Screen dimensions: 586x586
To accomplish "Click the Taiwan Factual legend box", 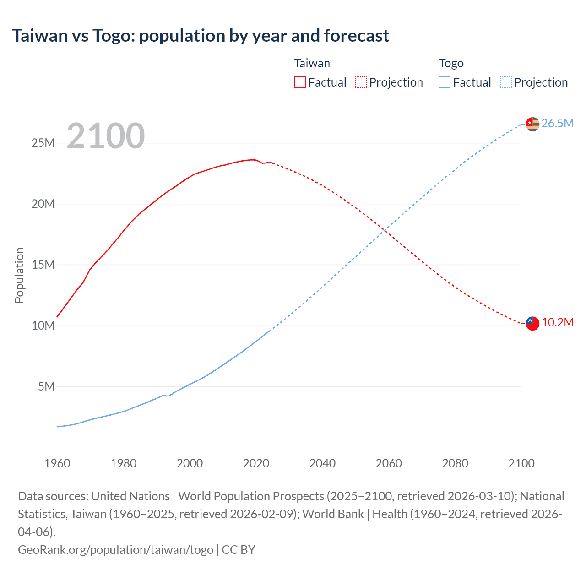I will pyautogui.click(x=299, y=82).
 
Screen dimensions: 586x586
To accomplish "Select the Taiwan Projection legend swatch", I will pyautogui.click(x=361, y=82).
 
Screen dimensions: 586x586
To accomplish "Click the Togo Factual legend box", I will pyautogui.click(x=445, y=82).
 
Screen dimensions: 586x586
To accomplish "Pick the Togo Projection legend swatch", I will pyautogui.click(x=505, y=82).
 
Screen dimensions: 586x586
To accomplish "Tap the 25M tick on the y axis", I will pyautogui.click(x=43, y=143).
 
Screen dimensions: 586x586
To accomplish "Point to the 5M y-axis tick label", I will pyautogui.click(x=46, y=386).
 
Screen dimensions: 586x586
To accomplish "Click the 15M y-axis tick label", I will pyautogui.click(x=43, y=265).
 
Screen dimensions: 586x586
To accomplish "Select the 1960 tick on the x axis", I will pyautogui.click(x=57, y=463).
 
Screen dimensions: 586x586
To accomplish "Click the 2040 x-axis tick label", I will pyautogui.click(x=322, y=463).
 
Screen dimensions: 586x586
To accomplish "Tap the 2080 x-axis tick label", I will pyautogui.click(x=455, y=463).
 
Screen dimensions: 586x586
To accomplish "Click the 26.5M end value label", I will pyautogui.click(x=557, y=123).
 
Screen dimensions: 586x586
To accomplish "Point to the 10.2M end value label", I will pyautogui.click(x=557, y=322).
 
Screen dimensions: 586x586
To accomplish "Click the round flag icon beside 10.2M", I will pyautogui.click(x=532, y=323).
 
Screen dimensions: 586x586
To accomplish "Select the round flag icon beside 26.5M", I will pyautogui.click(x=532, y=124).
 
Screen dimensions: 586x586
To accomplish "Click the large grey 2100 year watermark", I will pyautogui.click(x=106, y=136).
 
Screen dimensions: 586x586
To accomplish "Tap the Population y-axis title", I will pyautogui.click(x=19, y=275).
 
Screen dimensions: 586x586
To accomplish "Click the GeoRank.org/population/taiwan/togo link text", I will pyautogui.click(x=115, y=549).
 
